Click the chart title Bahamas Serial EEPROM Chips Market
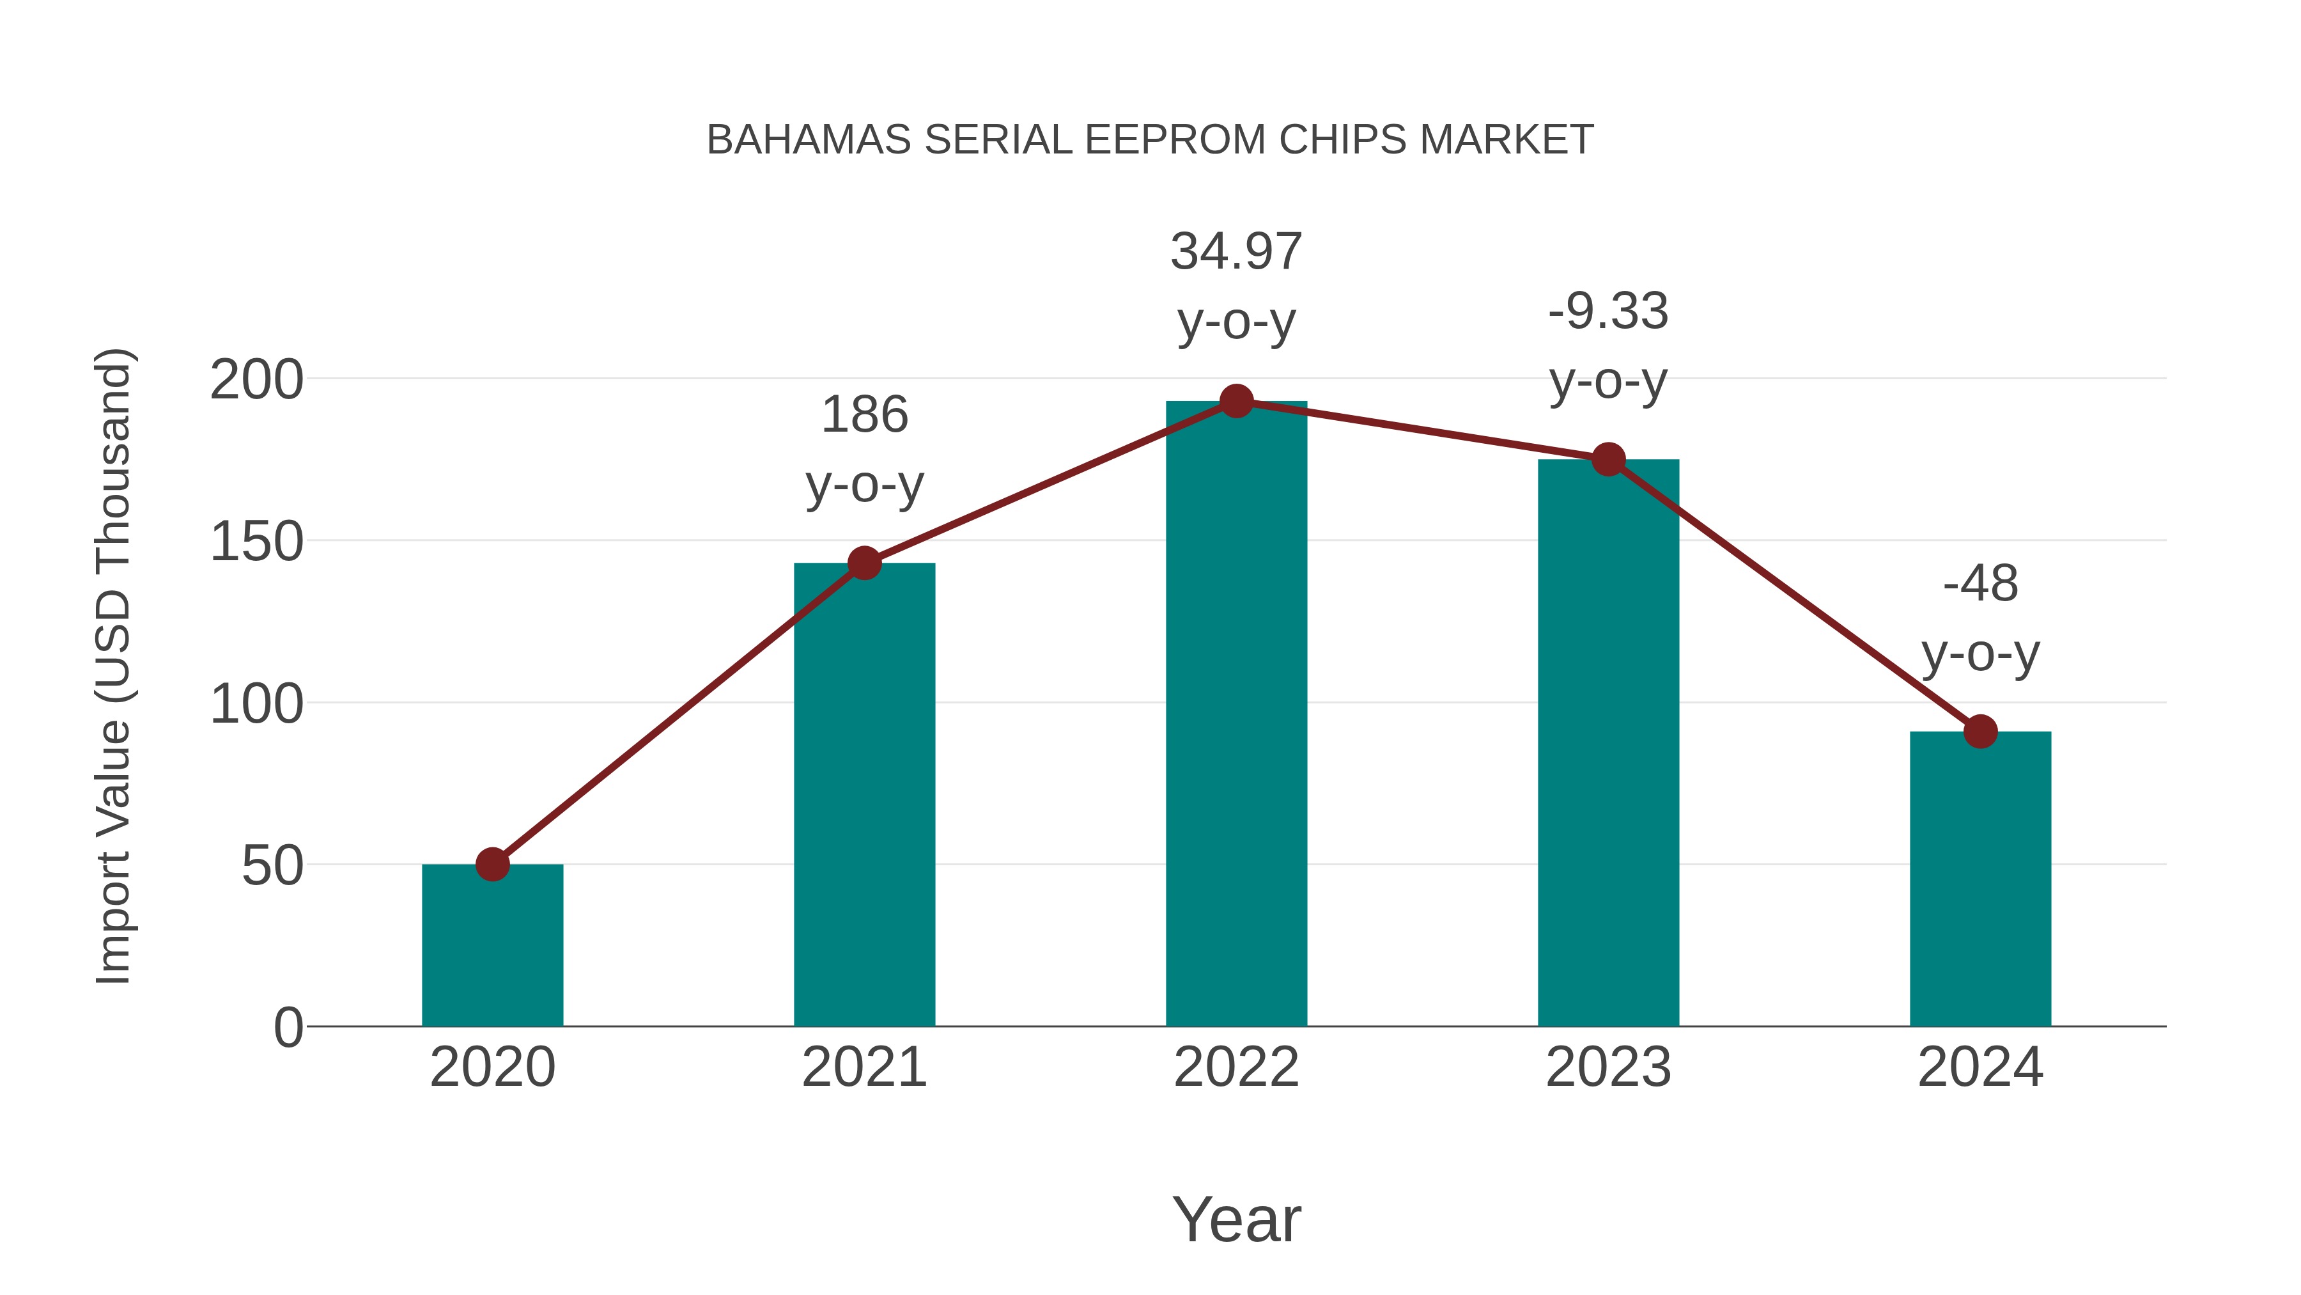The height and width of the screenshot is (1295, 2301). pyautogui.click(x=1150, y=140)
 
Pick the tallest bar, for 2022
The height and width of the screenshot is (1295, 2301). pyautogui.click(x=1236, y=715)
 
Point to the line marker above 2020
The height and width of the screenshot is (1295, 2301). pyautogui.click(x=492, y=864)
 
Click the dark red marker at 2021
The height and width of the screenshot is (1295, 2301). pyautogui.click(x=864, y=563)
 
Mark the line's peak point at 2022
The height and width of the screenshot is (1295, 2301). pyautogui.click(x=1236, y=401)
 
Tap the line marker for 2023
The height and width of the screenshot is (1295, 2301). pyautogui.click(x=1608, y=459)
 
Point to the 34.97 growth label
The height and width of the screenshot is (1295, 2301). pyautogui.click(x=1236, y=285)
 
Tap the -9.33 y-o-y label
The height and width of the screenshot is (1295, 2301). pyautogui.click(x=1608, y=346)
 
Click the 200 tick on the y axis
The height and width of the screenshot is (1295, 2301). pyautogui.click(x=256, y=380)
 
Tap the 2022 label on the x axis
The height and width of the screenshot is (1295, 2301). pyautogui.click(x=1236, y=1067)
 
